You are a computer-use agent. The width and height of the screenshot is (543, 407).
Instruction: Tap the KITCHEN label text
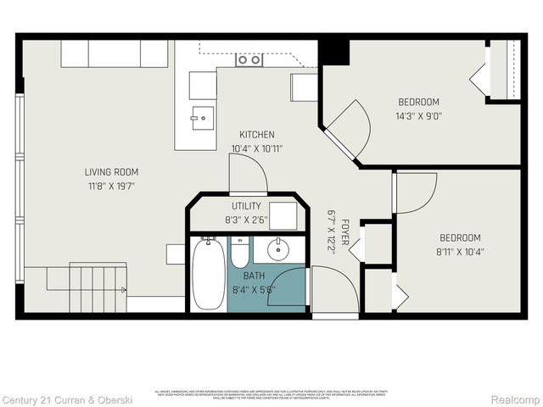pos(256,135)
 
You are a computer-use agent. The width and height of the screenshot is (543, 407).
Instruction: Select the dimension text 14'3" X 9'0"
pos(418,115)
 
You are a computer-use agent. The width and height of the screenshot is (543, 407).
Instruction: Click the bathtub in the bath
pos(207,275)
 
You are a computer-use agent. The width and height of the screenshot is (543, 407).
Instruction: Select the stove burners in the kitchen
pos(249,59)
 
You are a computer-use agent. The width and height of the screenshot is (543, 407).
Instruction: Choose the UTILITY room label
pos(246,206)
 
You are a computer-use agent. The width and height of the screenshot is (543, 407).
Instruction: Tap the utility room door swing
pos(249,174)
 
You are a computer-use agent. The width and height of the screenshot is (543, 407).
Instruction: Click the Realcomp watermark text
pos(514,399)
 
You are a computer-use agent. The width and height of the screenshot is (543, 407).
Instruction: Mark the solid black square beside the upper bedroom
pos(334,51)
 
